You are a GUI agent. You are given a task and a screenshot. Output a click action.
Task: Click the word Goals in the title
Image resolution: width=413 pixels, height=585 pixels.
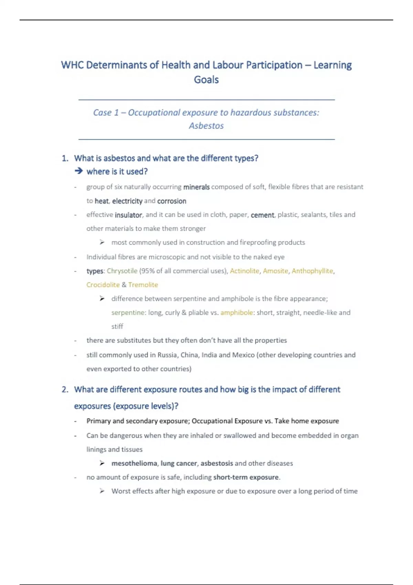(206, 80)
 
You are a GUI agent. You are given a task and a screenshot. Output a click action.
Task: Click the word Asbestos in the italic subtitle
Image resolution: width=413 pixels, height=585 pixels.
(206, 126)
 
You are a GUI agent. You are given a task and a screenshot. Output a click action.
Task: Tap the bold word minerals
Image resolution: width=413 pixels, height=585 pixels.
(196, 187)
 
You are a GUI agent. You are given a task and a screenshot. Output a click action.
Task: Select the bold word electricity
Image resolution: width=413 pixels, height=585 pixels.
(127, 201)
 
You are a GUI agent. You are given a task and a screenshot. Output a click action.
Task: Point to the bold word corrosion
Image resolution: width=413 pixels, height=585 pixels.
(172, 201)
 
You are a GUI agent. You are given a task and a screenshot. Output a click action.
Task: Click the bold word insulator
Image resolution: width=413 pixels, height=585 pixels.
(128, 215)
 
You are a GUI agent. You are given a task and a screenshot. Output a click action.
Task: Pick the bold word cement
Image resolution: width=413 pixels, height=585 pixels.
(262, 215)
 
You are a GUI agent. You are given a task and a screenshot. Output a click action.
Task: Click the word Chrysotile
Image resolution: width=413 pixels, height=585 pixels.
(122, 271)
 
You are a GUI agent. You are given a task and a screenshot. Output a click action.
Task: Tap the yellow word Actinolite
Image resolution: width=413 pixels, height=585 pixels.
(244, 271)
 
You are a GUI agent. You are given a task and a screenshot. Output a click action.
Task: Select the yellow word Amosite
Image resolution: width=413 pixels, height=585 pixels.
(275, 271)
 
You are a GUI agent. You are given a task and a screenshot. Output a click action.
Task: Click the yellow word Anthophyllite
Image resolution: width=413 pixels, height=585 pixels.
(312, 271)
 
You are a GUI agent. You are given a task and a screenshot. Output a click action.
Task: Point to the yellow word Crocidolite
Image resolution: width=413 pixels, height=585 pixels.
(103, 285)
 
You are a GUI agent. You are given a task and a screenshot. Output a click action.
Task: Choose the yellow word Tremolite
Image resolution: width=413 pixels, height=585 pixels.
(143, 285)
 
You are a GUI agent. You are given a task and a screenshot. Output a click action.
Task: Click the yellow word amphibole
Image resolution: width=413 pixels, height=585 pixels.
(236, 312)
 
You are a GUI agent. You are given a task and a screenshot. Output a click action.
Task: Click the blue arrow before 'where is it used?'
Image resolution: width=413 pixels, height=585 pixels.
(78, 171)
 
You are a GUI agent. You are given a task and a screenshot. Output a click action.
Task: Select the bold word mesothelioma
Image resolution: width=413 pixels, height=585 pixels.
(134, 464)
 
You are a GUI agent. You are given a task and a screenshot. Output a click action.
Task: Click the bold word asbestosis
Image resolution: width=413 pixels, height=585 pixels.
(216, 464)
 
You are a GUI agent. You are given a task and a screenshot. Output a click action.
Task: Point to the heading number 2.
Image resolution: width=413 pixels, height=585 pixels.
(65, 390)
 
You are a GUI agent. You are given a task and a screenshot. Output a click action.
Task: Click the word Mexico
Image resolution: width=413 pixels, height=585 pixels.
(243, 355)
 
